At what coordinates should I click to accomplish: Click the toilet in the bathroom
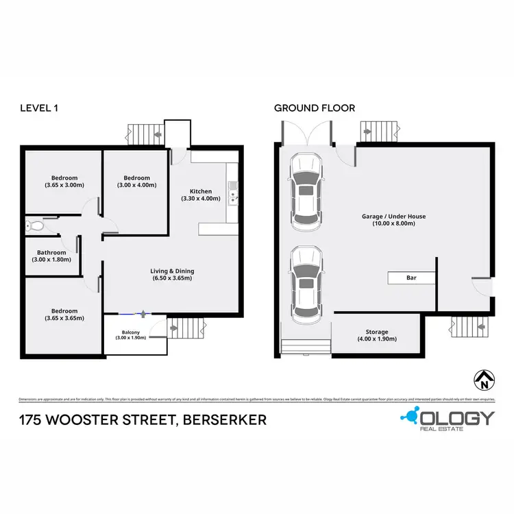click(x=36, y=225)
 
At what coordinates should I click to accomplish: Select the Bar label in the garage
click(x=411, y=278)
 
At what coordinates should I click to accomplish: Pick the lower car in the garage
click(x=306, y=285)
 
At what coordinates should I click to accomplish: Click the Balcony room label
click(x=130, y=334)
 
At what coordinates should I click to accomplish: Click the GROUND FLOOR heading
click(x=315, y=108)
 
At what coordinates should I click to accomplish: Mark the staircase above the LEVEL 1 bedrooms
click(x=143, y=133)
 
